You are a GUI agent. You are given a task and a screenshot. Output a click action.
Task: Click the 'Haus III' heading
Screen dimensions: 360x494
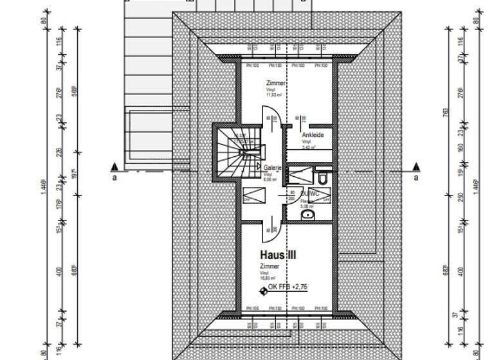(278, 255)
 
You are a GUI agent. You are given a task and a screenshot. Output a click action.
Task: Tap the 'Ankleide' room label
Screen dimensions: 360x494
(312, 135)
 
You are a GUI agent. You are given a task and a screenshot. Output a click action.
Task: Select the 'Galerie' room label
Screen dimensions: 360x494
(273, 167)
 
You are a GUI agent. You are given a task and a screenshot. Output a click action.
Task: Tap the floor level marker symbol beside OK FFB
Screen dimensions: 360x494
(262, 291)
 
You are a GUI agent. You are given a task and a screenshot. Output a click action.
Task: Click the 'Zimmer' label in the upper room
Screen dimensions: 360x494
(275, 84)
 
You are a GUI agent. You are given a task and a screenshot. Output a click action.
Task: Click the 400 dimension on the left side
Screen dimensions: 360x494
(62, 271)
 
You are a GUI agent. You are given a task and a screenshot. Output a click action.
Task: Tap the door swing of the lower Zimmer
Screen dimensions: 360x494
(271, 227)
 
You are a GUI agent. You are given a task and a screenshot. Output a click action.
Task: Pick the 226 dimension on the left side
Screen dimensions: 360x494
(62, 152)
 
